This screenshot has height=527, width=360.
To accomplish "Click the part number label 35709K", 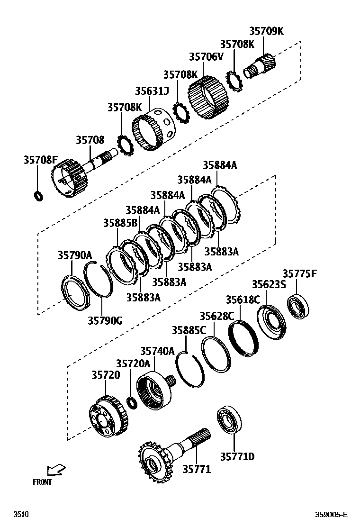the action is click(266, 31).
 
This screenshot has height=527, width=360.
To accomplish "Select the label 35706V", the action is click(206, 57).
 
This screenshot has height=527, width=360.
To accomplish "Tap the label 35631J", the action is click(152, 91).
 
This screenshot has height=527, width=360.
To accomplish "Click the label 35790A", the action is click(74, 255).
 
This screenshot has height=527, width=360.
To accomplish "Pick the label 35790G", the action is click(105, 321).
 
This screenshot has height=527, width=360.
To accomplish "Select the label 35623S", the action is click(269, 284).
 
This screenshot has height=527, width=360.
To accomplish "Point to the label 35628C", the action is click(216, 316).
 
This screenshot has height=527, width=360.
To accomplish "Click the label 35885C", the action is click(189, 330).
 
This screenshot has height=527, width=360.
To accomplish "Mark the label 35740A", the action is click(157, 351).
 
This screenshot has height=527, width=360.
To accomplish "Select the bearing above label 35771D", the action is click(230, 419).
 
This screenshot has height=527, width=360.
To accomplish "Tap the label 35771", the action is click(197, 469).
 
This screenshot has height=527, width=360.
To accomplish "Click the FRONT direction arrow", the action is click(56, 470).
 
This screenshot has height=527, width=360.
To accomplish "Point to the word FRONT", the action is click(42, 482).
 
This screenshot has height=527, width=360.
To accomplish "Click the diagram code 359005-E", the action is click(332, 514).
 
